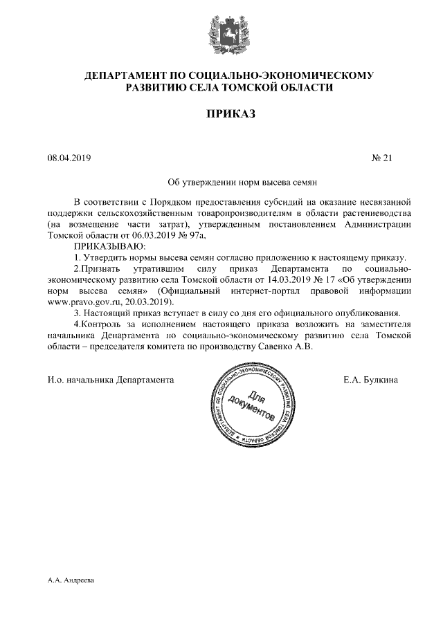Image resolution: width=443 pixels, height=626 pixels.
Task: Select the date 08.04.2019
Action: tap(69, 158)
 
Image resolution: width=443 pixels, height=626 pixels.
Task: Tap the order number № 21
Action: tap(382, 158)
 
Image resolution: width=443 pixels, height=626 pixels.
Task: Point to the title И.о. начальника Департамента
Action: tap(110, 380)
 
